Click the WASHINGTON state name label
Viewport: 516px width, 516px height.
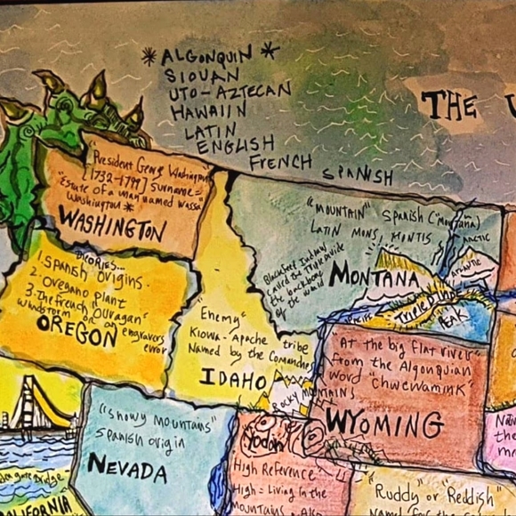point(115,229)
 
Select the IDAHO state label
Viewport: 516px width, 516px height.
point(233,380)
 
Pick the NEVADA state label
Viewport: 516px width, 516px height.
point(126,466)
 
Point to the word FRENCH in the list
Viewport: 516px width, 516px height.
point(280,162)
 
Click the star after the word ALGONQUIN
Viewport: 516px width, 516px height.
point(269,50)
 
